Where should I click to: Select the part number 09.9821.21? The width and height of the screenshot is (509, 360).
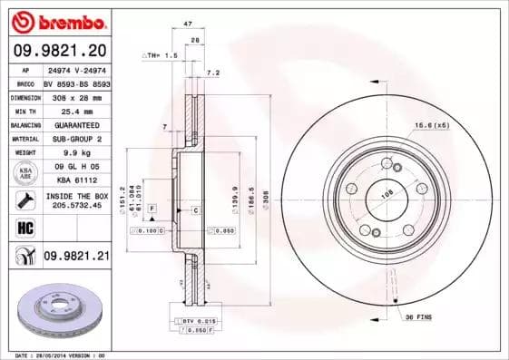pyautogui.click(x=75, y=257)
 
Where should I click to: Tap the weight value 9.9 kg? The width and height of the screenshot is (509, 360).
pyautogui.click(x=75, y=153)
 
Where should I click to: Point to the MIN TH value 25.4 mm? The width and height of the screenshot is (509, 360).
pyautogui.click(x=75, y=110)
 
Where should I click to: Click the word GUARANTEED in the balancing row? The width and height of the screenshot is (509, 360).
pyautogui.click(x=75, y=124)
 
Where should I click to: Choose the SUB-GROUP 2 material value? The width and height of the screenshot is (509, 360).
pyautogui.click(x=75, y=139)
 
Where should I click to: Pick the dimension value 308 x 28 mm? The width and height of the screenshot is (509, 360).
pyautogui.click(x=75, y=95)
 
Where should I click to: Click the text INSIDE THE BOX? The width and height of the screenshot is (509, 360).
pyautogui.click(x=75, y=195)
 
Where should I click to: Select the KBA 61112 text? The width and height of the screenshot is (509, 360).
pyautogui.click(x=75, y=180)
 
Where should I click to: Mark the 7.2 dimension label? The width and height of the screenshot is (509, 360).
pyautogui.click(x=213, y=72)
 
